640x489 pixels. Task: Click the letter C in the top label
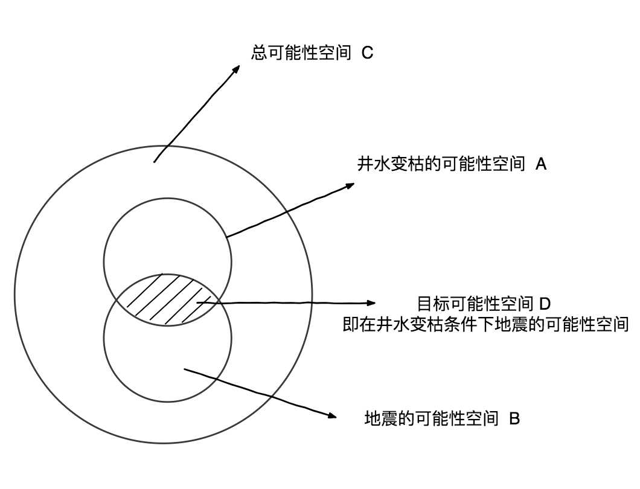367,53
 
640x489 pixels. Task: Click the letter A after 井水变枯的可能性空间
541,164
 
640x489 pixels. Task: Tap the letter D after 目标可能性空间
543,304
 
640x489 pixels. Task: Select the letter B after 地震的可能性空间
514,418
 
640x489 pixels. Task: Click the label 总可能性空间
301,53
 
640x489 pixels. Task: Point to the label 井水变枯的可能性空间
441,164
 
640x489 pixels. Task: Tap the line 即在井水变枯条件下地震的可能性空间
486,325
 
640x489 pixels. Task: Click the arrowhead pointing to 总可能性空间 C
236,69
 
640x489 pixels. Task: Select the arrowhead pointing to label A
350,185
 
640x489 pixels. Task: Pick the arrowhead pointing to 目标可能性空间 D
371,302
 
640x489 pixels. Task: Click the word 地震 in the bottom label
382,418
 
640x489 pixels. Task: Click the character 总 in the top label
258,53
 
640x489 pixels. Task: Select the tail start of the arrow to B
185,369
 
